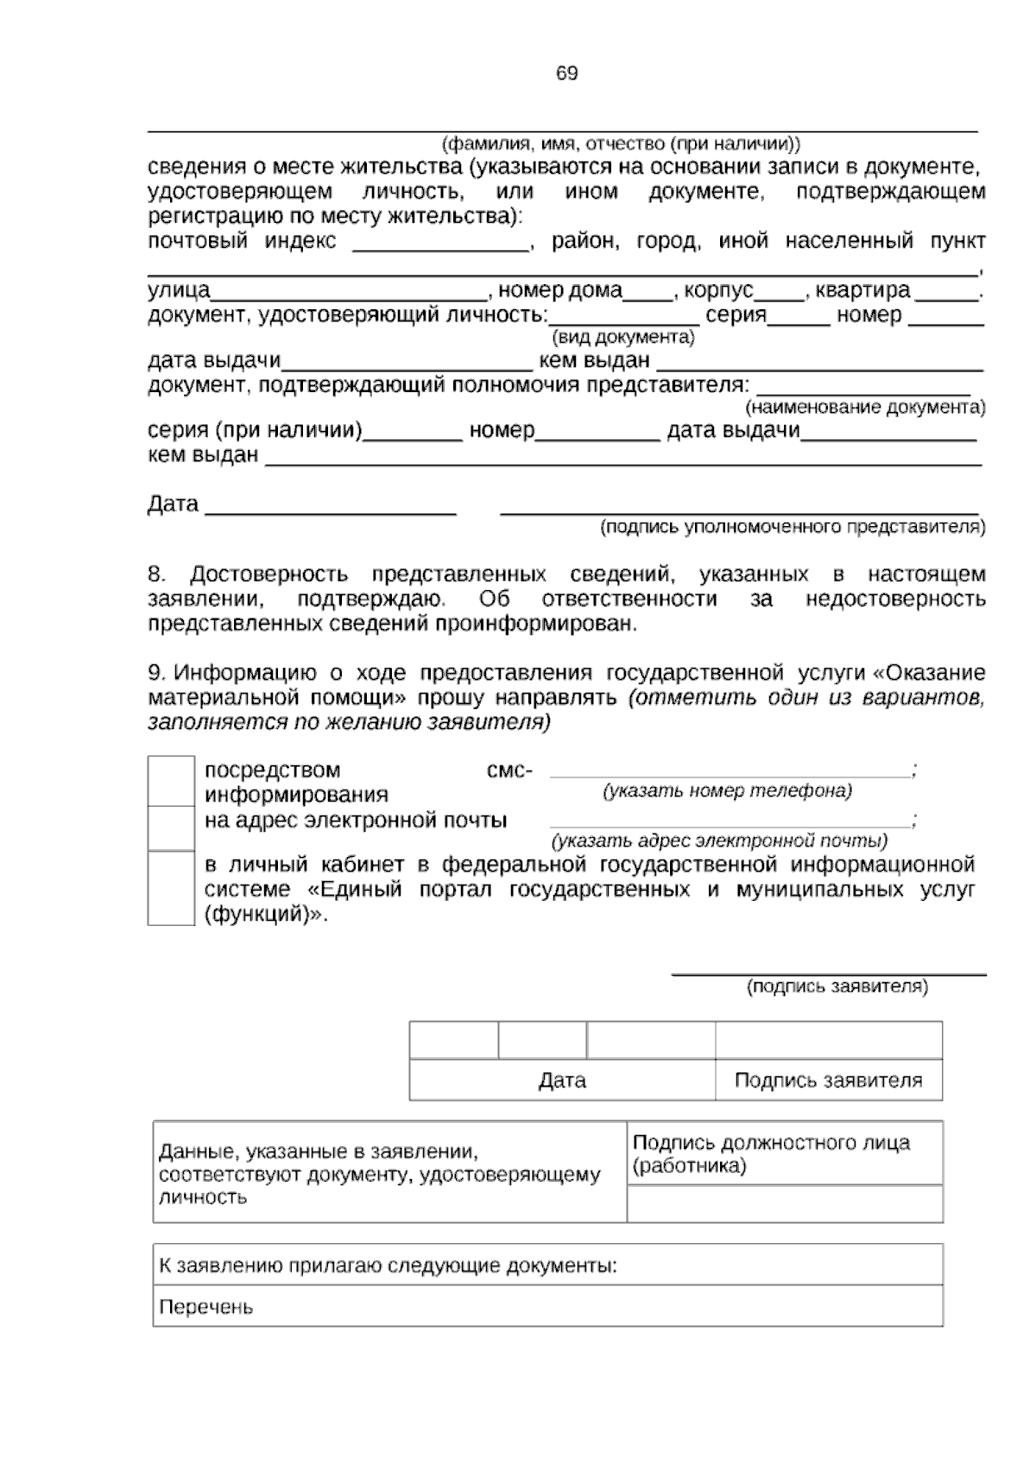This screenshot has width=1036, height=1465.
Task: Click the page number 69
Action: tap(566, 74)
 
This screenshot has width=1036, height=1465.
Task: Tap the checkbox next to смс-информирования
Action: tap(171, 781)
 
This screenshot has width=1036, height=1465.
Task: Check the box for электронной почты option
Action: tap(171, 828)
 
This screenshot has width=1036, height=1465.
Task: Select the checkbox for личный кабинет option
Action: tap(171, 888)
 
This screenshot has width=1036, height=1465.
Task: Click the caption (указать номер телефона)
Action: tap(727, 790)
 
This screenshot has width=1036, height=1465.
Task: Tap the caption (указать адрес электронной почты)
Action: tap(719, 840)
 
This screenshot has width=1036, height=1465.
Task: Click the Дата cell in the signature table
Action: tap(562, 1081)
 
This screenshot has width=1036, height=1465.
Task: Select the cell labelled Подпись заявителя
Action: tap(828, 1081)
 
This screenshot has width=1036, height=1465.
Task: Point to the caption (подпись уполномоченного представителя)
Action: tap(793, 527)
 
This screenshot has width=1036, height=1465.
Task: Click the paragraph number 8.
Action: tap(156, 574)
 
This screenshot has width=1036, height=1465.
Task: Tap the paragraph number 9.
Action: tap(156, 673)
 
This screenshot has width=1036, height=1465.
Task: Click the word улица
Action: tap(179, 290)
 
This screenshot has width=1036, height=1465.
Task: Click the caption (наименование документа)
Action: tap(865, 407)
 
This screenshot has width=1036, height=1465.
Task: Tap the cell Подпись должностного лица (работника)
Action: tap(784, 1154)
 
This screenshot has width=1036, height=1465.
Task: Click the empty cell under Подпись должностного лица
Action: tap(784, 1203)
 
